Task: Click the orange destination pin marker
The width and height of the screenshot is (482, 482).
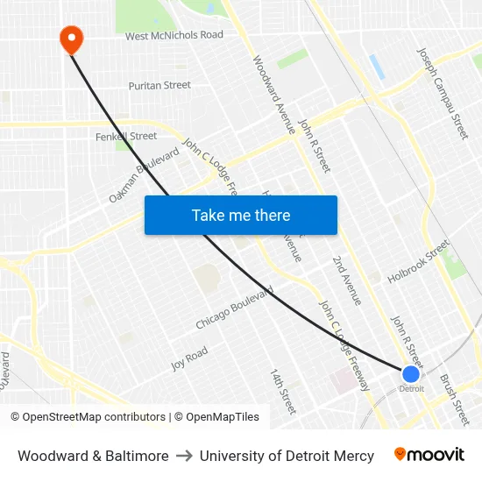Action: pyautogui.click(x=70, y=38)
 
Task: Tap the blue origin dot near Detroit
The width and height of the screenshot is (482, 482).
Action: pyautogui.click(x=410, y=374)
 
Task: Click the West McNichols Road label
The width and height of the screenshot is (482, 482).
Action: pyautogui.click(x=174, y=36)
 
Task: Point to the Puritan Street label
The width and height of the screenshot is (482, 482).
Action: pyautogui.click(x=159, y=85)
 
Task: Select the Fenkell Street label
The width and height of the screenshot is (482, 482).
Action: pyautogui.click(x=126, y=136)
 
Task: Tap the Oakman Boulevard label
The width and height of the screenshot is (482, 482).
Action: pyautogui.click(x=144, y=175)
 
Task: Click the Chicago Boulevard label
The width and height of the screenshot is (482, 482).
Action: pyautogui.click(x=234, y=308)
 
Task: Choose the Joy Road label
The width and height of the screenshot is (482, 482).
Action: pyautogui.click(x=189, y=358)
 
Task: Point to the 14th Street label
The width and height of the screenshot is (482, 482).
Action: pyautogui.click(x=284, y=391)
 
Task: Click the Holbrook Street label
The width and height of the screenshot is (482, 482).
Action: pyautogui.click(x=418, y=263)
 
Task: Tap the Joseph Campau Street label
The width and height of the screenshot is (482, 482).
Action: pyautogui.click(x=443, y=93)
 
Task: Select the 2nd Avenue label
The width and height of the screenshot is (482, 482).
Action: pyautogui.click(x=346, y=280)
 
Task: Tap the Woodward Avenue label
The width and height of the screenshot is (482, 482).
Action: pyautogui.click(x=273, y=95)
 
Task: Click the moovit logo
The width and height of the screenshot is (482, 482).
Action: pyautogui.click(x=429, y=455)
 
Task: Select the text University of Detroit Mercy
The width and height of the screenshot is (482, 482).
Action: pyautogui.click(x=287, y=456)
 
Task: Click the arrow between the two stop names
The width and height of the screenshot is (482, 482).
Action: pyautogui.click(x=184, y=456)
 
